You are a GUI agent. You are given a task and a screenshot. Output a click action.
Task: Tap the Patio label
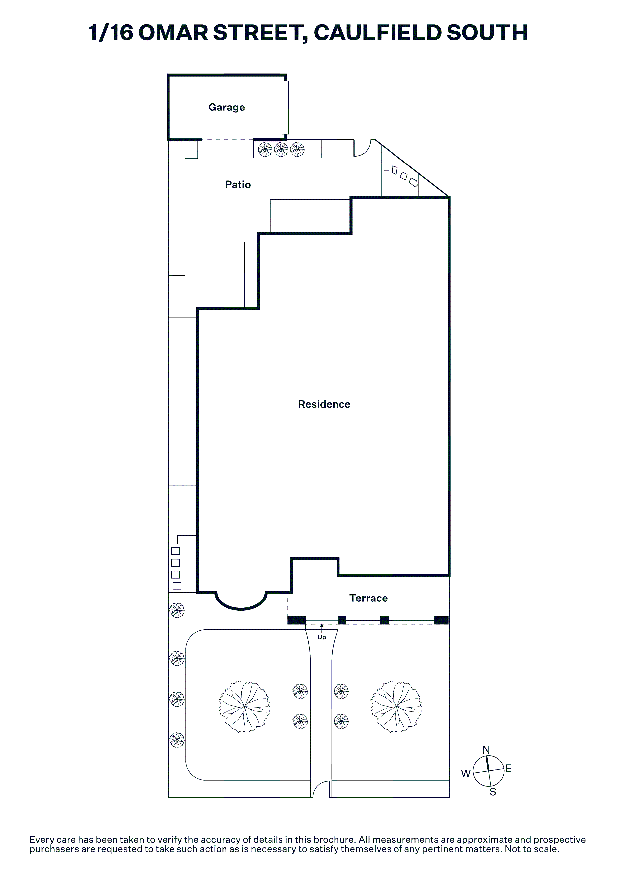pos(238,185)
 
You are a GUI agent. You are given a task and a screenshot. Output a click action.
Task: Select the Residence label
pos(324,404)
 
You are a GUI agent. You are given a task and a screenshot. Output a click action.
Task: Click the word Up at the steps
pos(322,637)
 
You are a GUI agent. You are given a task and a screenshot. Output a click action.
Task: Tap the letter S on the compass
pos(493,792)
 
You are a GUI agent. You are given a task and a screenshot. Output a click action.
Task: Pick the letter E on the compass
pos(509,768)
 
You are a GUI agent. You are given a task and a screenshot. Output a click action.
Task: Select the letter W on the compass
pos(466,773)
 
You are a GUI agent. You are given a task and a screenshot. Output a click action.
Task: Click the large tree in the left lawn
pos(244,707)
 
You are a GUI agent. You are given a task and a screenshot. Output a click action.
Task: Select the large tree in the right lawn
pos(396,707)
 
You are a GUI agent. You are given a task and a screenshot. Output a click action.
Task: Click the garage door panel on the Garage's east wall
pos(285,107)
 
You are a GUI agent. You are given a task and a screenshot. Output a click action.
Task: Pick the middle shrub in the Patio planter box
pos(281,149)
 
